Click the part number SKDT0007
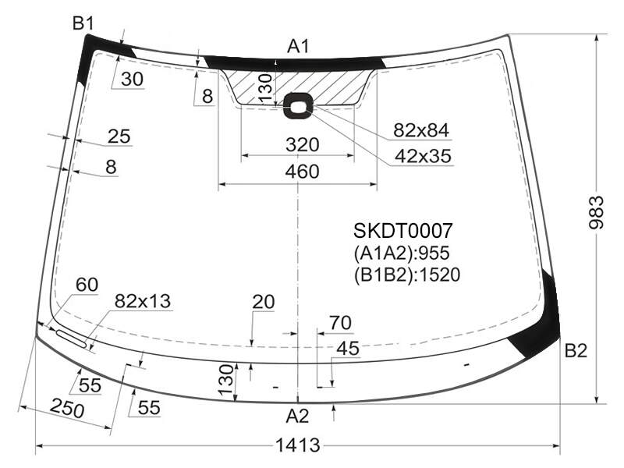pyautogui.click(x=402, y=231)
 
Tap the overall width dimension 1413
pyautogui.click(x=298, y=445)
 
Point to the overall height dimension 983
pyautogui.click(x=596, y=212)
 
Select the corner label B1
pyautogui.click(x=83, y=24)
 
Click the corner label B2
pyautogui.click(x=576, y=351)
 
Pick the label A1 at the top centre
pyautogui.click(x=298, y=47)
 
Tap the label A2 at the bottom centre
pyautogui.click(x=297, y=417)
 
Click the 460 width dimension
pyautogui.click(x=303, y=172)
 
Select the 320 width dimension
pyautogui.click(x=303, y=145)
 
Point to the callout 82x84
pyautogui.click(x=421, y=130)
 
